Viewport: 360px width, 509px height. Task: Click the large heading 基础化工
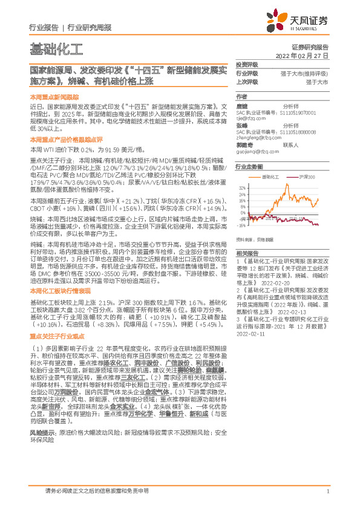click(56, 48)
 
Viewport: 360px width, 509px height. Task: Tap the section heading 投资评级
click(247, 64)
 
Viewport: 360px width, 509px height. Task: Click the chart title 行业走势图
click(249, 166)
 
